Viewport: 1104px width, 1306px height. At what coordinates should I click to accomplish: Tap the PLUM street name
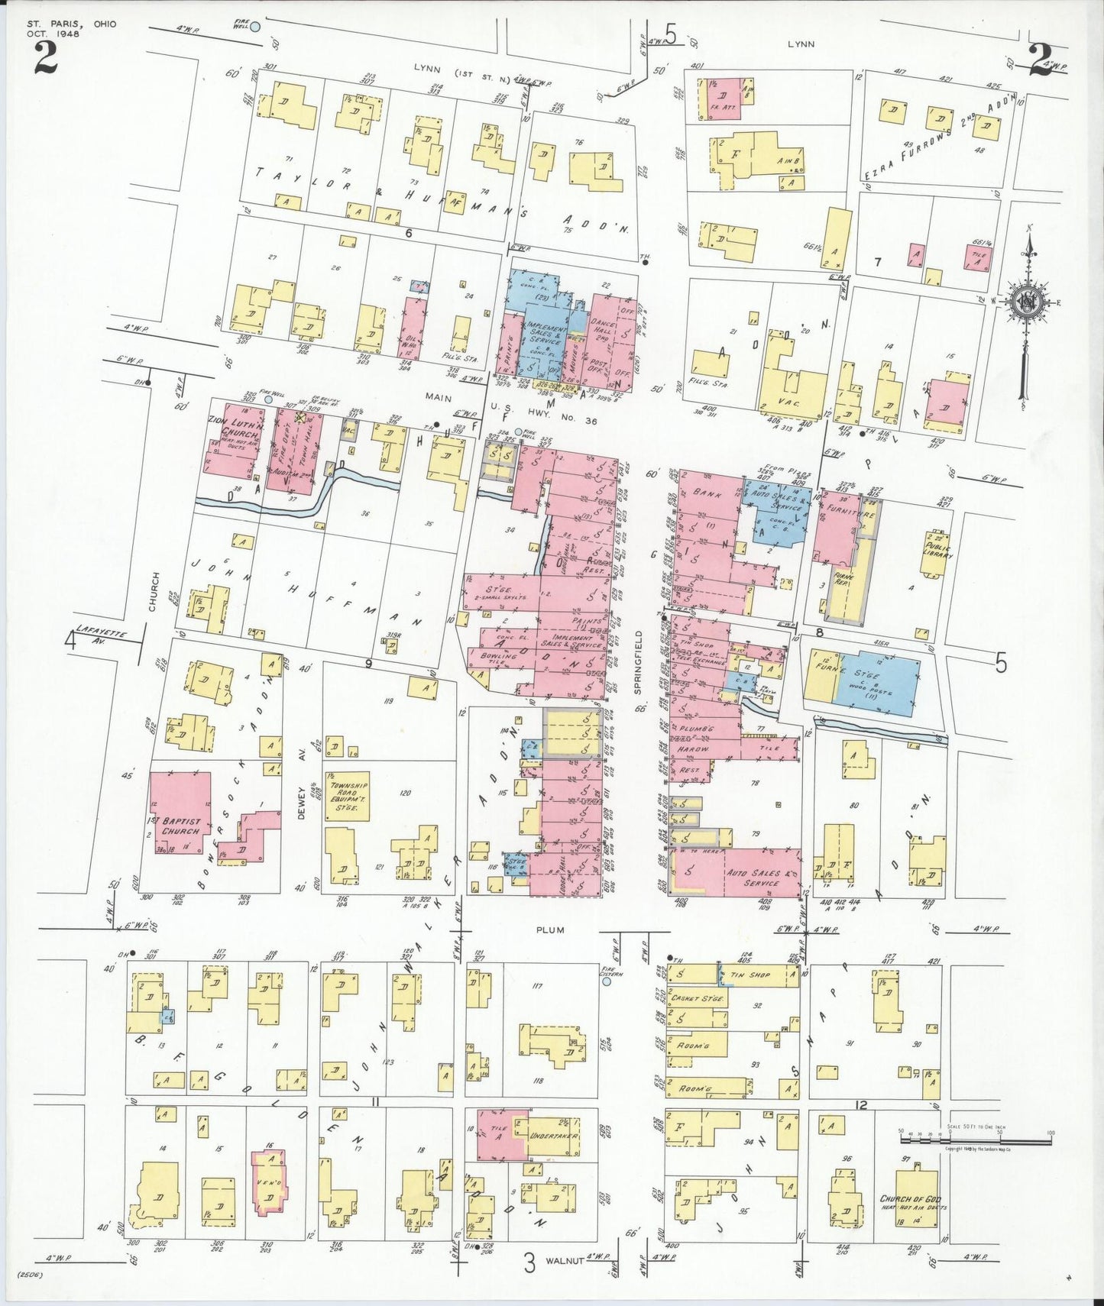coord(549,929)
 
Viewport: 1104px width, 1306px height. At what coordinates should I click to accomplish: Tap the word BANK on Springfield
coord(702,494)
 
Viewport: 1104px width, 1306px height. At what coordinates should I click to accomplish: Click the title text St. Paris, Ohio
coord(71,24)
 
